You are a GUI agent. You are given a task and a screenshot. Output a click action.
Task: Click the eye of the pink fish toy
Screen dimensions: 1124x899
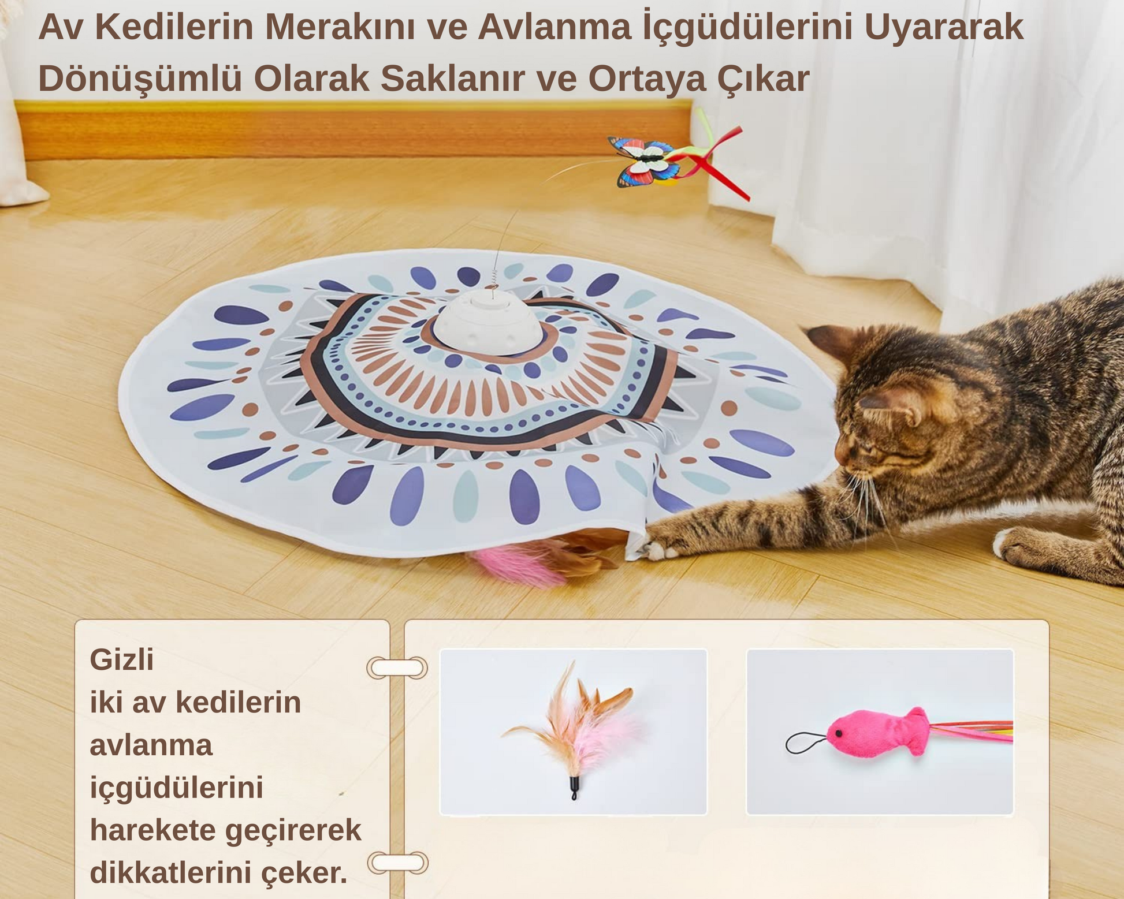(x=837, y=733)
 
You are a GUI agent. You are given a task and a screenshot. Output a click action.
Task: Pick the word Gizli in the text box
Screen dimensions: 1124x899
(x=122, y=659)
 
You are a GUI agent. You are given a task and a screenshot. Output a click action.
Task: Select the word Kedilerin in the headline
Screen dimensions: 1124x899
(x=174, y=27)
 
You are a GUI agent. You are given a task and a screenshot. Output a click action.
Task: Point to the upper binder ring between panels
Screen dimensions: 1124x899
(x=397, y=667)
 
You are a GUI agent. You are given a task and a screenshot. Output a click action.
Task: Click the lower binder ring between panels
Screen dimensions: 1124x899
(x=398, y=863)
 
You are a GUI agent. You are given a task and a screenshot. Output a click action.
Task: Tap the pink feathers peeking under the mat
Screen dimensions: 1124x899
(x=514, y=566)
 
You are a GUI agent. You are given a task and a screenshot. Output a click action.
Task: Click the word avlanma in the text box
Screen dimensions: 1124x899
(x=151, y=745)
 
